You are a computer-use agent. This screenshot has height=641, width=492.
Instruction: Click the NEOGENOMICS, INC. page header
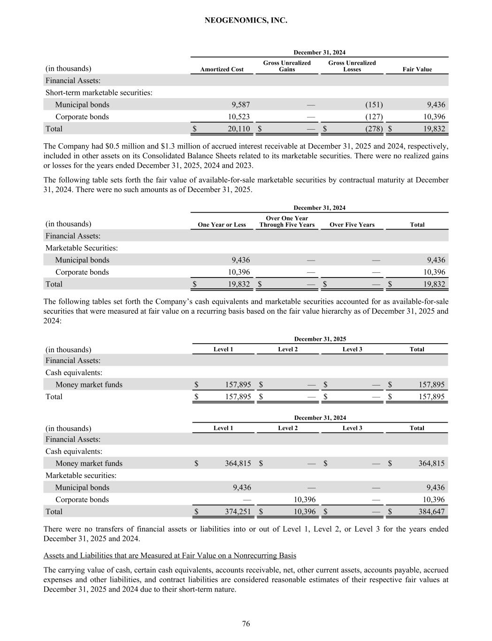[246, 21]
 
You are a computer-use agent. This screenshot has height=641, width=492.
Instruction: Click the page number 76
[246, 624]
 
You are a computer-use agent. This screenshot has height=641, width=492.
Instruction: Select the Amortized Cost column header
[222, 70]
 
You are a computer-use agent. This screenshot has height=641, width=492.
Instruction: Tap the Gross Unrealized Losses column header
[352, 66]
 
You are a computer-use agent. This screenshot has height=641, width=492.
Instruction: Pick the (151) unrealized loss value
[374, 105]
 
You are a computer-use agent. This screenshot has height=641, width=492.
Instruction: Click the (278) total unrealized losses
[374, 129]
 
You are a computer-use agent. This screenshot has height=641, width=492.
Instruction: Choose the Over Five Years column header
[352, 225]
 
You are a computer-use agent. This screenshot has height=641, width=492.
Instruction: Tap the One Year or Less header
[222, 225]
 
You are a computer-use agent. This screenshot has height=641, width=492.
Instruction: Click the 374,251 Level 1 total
[238, 512]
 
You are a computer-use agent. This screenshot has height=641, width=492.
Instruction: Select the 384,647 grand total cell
[431, 512]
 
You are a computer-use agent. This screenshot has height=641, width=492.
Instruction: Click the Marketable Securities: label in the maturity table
[81, 248]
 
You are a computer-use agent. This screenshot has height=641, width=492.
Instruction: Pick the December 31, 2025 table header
[320, 339]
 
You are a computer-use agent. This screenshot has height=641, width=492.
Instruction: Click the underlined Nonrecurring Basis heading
[169, 556]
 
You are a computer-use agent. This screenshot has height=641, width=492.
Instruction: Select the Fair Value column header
[417, 70]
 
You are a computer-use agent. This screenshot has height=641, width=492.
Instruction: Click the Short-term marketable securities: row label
[99, 93]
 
